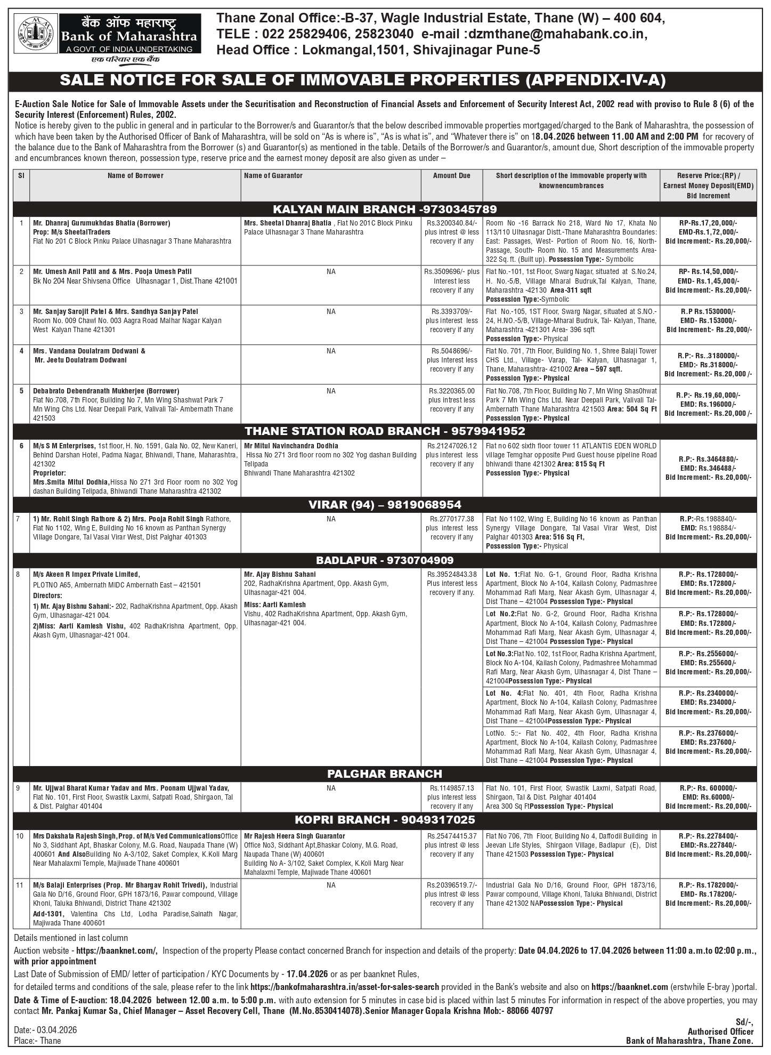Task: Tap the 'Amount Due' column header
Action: (451, 175)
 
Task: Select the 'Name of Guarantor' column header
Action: (273, 175)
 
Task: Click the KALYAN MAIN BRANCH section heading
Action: (385, 209)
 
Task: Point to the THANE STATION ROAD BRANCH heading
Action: (385, 431)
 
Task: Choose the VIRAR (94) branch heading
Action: (385, 504)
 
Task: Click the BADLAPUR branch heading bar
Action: (385, 560)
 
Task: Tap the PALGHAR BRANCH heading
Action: (385, 774)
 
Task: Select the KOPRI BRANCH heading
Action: (385, 820)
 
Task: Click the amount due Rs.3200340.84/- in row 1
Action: (451, 223)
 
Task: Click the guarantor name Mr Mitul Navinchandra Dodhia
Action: (291, 446)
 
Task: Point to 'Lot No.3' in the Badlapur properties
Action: (499, 654)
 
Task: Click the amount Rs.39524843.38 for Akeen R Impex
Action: (451, 575)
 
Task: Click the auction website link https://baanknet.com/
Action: (117, 951)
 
